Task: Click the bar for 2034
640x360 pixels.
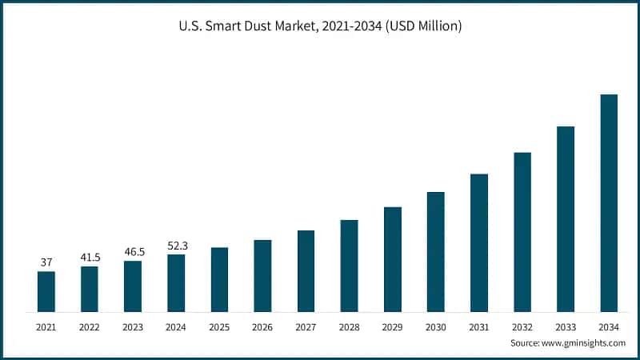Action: click(x=609, y=203)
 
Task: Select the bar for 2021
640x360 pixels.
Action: click(x=46, y=291)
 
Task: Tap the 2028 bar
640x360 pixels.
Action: click(x=349, y=266)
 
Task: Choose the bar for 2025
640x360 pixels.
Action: click(x=219, y=279)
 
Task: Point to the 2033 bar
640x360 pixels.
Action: click(x=566, y=219)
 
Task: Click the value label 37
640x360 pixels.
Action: click(x=46, y=262)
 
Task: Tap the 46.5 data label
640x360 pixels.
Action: click(x=133, y=252)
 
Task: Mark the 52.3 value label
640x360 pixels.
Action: click(x=176, y=246)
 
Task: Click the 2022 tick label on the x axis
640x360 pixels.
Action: click(x=90, y=326)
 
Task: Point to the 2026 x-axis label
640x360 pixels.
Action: click(x=262, y=326)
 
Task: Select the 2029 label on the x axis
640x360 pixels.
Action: click(x=392, y=326)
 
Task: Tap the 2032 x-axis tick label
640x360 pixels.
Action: click(x=522, y=326)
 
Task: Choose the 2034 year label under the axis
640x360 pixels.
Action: click(x=609, y=326)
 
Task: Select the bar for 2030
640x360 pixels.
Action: click(x=436, y=252)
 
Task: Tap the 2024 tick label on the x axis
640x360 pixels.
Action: click(x=176, y=326)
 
